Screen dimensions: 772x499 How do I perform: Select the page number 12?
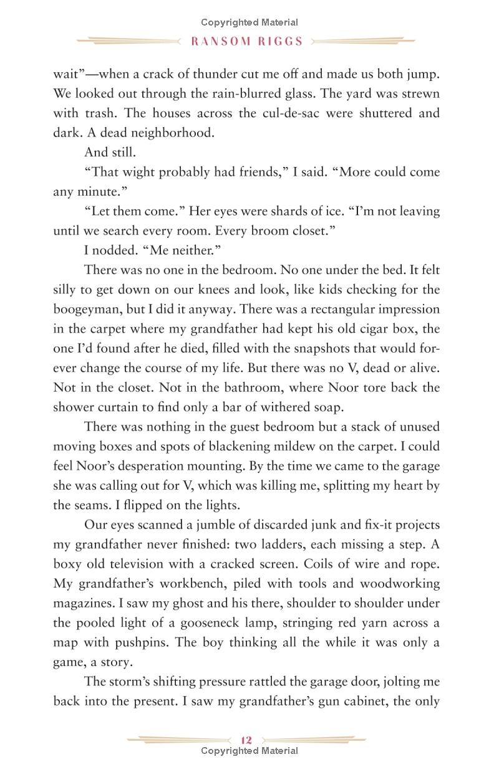pyautogui.click(x=246, y=740)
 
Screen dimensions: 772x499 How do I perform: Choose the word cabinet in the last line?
pyautogui.click(x=361, y=701)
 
